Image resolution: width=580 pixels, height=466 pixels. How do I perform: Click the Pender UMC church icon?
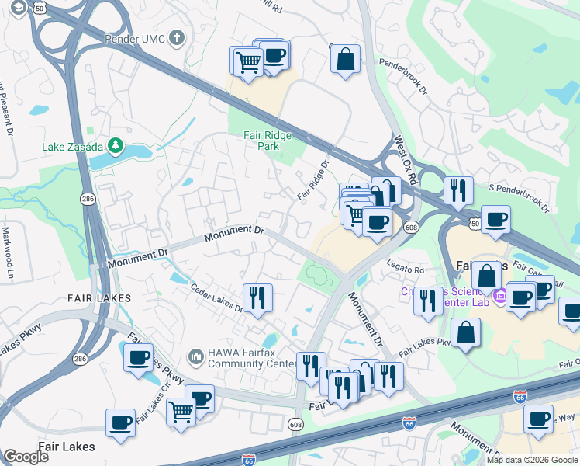coord(177,37)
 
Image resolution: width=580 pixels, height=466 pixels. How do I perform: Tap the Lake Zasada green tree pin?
coord(116,145)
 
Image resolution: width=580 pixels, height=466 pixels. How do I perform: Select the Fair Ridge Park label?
coord(268,140)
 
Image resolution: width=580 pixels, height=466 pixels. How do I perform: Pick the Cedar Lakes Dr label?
coord(217,298)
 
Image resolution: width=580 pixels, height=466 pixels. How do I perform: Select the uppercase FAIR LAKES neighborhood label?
coord(98,297)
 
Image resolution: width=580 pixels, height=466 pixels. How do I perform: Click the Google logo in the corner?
coord(26,457)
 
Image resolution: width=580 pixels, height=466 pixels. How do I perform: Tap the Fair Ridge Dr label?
coord(313,179)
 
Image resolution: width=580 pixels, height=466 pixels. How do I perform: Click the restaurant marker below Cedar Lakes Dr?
coord(256,297)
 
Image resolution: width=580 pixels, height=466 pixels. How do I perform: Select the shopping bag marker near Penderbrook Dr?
coord(345,57)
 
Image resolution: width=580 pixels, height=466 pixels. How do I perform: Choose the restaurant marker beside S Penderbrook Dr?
coord(458,190)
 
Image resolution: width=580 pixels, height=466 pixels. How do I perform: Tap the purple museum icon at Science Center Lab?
coord(499,296)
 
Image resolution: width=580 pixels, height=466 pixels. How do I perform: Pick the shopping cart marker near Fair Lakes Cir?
coord(181,411)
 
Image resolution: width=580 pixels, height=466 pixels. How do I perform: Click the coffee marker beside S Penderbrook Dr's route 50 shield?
coord(495,219)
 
